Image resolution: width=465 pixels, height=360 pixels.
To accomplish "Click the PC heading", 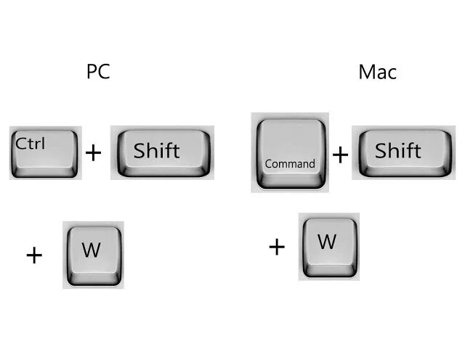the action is click(x=98, y=72).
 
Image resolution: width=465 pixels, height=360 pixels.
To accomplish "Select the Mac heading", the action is click(x=377, y=72).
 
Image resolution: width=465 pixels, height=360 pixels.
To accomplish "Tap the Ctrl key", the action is click(x=44, y=152).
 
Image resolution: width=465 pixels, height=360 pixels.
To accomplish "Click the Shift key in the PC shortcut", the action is click(x=161, y=152).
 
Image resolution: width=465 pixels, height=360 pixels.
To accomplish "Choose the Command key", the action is click(x=290, y=152).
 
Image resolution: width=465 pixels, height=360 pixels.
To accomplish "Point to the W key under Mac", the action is click(x=328, y=245).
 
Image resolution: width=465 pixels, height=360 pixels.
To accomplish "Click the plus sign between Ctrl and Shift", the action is click(x=94, y=152).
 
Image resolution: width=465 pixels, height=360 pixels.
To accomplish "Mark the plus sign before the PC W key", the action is click(x=34, y=255).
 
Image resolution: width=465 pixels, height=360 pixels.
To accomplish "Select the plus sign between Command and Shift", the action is click(x=340, y=154).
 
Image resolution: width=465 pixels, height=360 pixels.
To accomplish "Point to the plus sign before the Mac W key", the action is click(x=277, y=247).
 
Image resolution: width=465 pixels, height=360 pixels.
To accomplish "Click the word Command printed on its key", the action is click(x=290, y=164).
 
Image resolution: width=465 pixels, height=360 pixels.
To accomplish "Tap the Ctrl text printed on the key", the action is click(x=30, y=143).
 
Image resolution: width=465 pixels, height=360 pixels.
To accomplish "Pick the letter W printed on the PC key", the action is click(x=92, y=250).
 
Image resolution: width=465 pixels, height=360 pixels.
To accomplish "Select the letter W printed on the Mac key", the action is click(x=328, y=241).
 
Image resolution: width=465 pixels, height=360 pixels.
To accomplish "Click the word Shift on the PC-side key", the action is click(x=156, y=151).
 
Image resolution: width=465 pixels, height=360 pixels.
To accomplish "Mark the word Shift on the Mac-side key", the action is click(x=398, y=150).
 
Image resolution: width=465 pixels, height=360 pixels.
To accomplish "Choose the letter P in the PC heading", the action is click(x=92, y=72).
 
